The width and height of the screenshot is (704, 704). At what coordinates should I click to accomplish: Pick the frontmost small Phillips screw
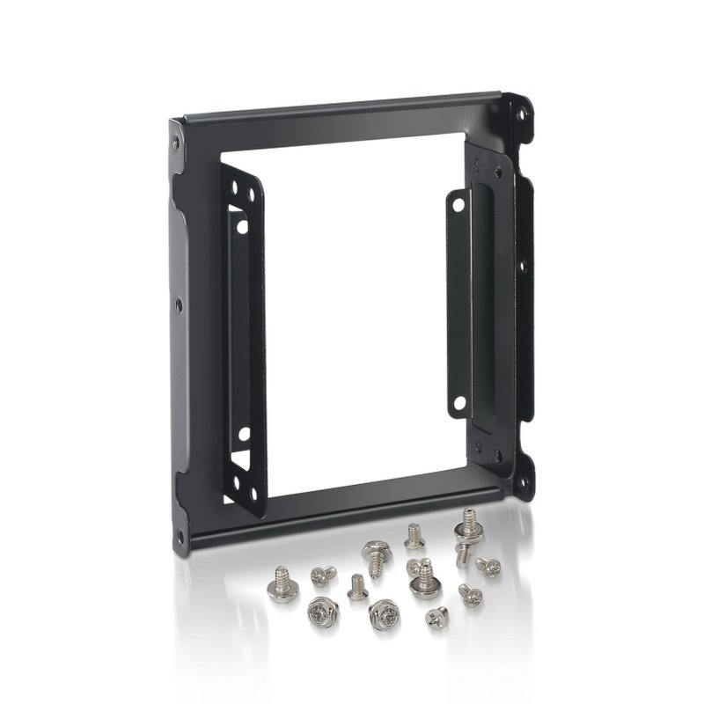click(436, 618)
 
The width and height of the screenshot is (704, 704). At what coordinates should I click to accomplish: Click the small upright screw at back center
click(414, 536)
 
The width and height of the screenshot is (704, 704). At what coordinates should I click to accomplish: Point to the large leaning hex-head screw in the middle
click(376, 556)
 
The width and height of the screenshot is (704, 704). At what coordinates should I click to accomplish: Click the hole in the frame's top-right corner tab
click(522, 114)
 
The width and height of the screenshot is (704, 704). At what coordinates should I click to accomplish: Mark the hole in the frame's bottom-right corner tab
click(522, 480)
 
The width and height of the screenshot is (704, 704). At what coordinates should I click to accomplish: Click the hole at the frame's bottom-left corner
click(180, 533)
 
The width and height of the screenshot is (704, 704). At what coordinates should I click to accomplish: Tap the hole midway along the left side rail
click(179, 305)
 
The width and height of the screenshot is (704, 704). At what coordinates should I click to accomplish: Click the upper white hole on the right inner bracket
click(458, 205)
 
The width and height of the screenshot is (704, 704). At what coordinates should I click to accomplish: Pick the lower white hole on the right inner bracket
click(458, 406)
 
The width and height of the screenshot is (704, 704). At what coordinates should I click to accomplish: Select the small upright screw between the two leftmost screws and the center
click(357, 587)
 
